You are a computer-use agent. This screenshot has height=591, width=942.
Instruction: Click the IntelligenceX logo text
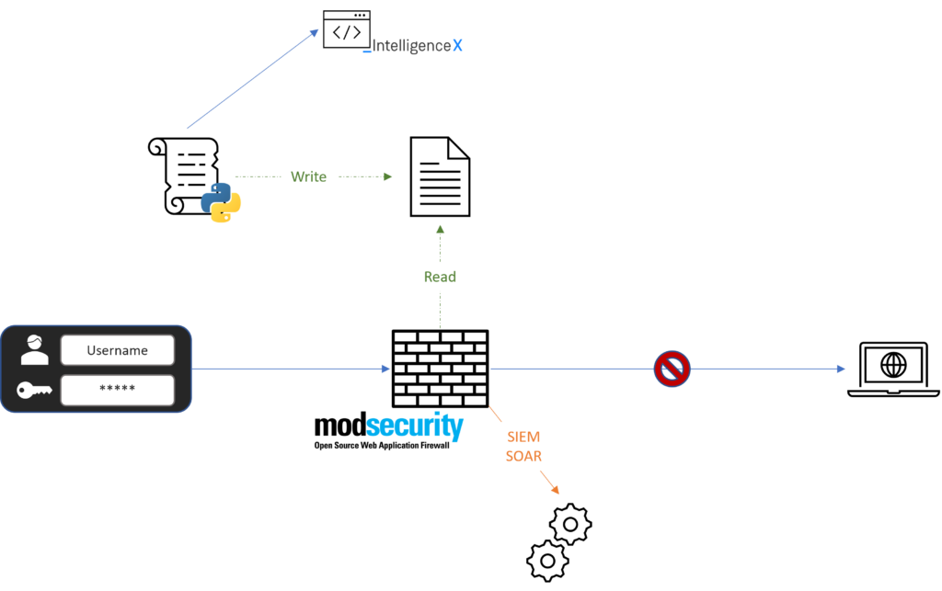tap(412, 45)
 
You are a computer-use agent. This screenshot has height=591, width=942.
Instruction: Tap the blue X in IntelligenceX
tap(457, 45)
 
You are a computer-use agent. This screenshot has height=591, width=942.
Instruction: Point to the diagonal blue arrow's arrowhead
tap(315, 32)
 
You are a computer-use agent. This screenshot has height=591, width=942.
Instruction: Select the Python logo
tap(221, 202)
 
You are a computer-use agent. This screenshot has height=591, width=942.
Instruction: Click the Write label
tap(308, 176)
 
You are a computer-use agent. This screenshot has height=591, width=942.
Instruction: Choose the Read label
tap(440, 277)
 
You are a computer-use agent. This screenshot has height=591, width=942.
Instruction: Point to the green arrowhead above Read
tap(440, 228)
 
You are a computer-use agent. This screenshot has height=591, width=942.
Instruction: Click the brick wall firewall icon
tap(440, 369)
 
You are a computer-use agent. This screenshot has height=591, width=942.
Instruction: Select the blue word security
tap(415, 426)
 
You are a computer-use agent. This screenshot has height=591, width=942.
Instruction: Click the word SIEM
tap(523, 438)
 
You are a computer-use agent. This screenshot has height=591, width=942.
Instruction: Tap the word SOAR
tap(523, 456)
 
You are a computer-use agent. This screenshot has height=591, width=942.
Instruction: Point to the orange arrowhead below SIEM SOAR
tap(557, 492)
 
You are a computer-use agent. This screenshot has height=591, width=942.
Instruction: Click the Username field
tap(117, 350)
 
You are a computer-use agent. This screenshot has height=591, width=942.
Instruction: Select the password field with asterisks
tap(117, 390)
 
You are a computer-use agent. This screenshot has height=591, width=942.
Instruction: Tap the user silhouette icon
tap(35, 349)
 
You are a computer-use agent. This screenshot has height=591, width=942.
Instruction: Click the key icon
tap(35, 391)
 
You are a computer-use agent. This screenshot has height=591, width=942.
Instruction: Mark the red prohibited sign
tap(672, 369)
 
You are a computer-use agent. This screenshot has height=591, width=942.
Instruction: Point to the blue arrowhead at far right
tap(841, 369)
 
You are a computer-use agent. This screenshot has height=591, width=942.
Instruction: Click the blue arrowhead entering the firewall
tap(386, 369)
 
